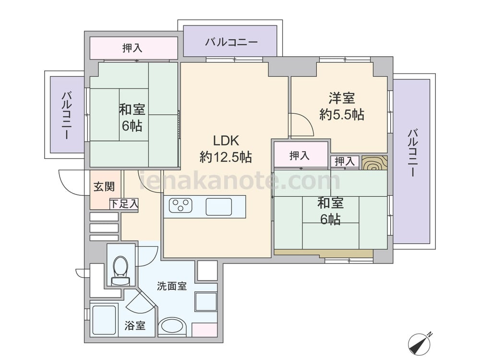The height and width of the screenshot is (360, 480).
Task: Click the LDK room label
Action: tap(226, 141)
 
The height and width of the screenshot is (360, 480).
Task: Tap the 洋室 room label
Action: tap(342, 98)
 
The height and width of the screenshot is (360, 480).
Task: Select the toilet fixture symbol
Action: tap(120, 271)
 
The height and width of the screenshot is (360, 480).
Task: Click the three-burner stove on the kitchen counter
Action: tap(180, 205)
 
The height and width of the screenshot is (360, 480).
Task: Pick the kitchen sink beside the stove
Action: tap(218, 206)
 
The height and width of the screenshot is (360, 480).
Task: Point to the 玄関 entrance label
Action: tap(104, 186)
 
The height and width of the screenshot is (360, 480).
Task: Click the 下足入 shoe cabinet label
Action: tap(124, 204)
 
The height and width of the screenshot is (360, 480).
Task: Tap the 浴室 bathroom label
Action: tap(135, 325)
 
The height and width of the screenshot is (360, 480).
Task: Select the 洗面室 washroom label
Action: tap(172, 286)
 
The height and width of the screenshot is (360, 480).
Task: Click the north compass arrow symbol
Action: tap(420, 343)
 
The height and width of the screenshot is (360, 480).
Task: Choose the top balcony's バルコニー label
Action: tap(231, 42)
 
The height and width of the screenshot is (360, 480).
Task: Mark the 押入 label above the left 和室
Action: tap(132, 48)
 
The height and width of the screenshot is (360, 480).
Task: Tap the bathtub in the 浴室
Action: tap(104, 320)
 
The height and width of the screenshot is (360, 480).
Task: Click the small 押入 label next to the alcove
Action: tap(344, 161)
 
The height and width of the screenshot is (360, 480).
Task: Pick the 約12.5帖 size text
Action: tap(226, 157)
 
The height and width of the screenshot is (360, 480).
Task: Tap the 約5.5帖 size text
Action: tap(342, 115)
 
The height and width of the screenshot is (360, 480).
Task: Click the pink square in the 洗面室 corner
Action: tap(204, 330)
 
